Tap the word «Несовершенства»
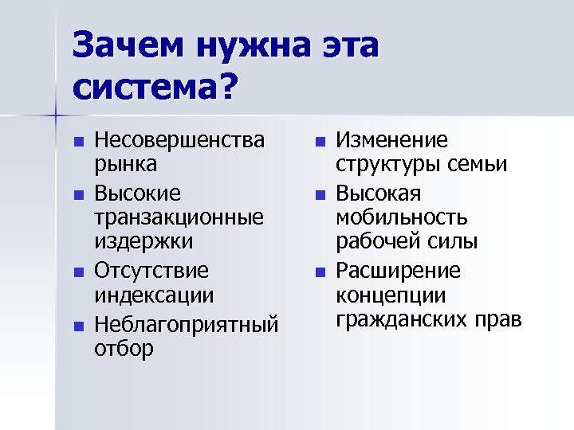pyautogui.click(x=179, y=142)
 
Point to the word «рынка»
pyautogui.click(x=126, y=165)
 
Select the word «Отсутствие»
pyautogui.click(x=151, y=271)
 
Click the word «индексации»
pyautogui.click(x=154, y=295)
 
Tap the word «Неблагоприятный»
pyautogui.click(x=187, y=324)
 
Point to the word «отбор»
pyautogui.click(x=125, y=349)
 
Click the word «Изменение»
pyautogui.click(x=391, y=142)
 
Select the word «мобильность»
pyautogui.click(x=401, y=217)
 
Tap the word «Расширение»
pyautogui.click(x=398, y=271)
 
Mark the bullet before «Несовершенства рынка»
pyautogui.click(x=77, y=143)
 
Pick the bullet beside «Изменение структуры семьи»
pyautogui.click(x=320, y=143)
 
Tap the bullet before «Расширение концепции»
pyautogui.click(x=320, y=272)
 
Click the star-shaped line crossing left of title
pyautogui.click(x=57, y=116)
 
